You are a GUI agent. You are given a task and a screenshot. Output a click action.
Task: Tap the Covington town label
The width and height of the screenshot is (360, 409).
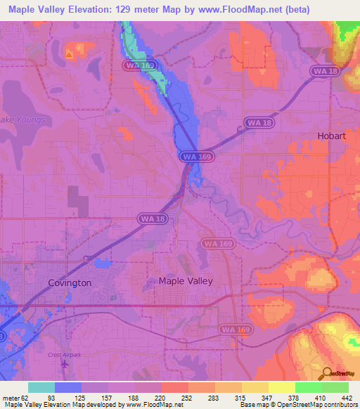click(70, 283)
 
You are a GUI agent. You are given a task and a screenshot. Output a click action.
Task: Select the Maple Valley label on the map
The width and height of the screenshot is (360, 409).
click(186, 280)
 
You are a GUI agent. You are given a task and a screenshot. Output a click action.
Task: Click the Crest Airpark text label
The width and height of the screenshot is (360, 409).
click(64, 355)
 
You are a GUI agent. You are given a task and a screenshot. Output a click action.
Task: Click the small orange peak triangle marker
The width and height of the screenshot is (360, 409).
click(68, 53)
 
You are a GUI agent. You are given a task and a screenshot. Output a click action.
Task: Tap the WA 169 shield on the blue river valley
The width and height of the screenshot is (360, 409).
click(191, 156)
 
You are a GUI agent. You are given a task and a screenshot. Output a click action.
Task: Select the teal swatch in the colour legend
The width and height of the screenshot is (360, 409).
click(41, 388)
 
